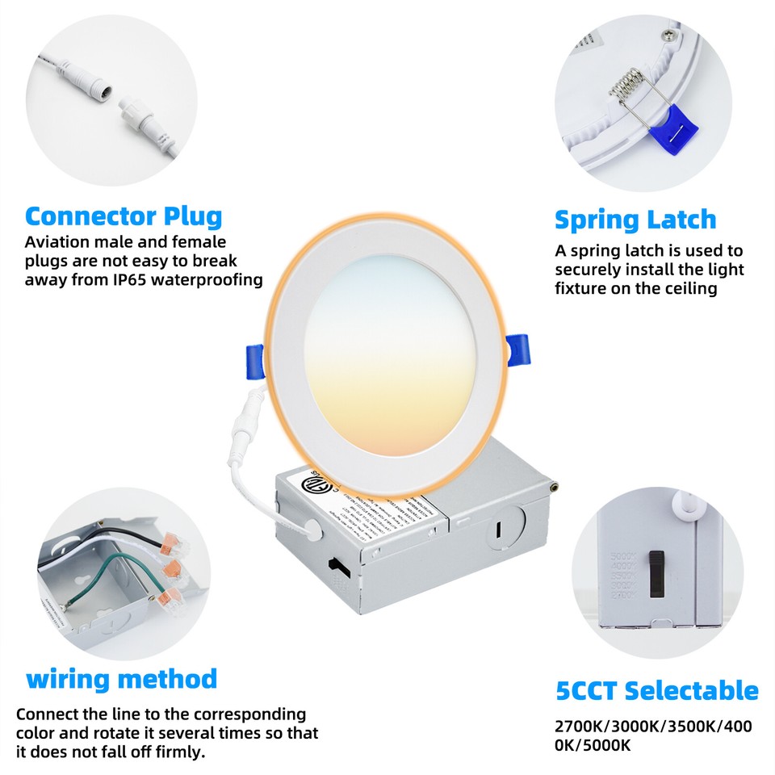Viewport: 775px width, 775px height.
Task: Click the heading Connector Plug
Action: tap(124, 216)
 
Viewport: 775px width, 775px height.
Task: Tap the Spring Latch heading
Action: tap(635, 220)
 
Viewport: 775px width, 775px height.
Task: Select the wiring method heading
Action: tap(122, 678)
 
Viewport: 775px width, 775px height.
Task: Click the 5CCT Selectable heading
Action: tap(657, 691)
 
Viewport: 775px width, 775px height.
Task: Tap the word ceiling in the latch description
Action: tap(686, 288)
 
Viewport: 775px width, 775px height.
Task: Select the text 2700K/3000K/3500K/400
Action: tap(653, 727)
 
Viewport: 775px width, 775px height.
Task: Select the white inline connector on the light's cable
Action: tap(244, 428)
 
